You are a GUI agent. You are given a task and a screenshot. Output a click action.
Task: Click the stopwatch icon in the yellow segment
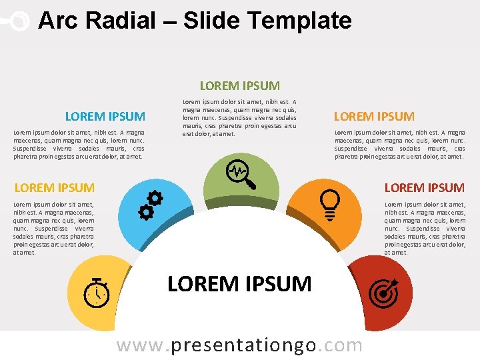point(97,291)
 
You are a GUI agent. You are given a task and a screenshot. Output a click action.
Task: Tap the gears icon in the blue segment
point(151,205)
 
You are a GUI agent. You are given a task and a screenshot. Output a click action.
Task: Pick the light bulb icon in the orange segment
point(331,201)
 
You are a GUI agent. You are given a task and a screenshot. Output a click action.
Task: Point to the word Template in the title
point(307,21)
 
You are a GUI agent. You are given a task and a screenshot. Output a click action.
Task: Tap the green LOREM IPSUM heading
point(240,85)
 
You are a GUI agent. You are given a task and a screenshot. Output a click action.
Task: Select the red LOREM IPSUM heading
point(424,187)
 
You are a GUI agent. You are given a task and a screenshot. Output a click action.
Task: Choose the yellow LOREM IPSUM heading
point(54,187)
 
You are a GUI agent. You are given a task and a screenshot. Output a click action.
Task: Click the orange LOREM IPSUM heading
point(374,116)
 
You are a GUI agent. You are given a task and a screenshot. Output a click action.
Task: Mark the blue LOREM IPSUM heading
point(105,116)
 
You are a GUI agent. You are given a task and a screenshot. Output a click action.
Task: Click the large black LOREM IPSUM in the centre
point(239,284)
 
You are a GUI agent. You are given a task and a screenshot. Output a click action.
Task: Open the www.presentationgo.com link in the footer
point(239,345)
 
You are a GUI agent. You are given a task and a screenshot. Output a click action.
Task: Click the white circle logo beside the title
point(20,21)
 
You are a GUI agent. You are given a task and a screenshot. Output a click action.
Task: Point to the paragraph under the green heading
point(239,118)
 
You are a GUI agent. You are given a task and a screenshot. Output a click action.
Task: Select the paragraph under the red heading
point(425,229)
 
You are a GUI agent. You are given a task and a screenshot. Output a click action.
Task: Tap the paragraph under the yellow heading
point(54,229)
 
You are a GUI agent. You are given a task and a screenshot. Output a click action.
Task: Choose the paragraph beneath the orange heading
point(399,145)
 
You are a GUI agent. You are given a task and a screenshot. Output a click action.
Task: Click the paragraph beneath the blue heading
point(79,145)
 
